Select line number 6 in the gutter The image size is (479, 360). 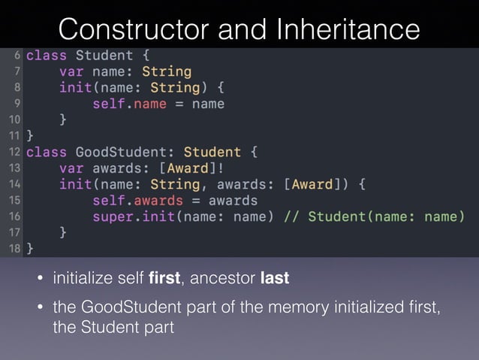[17, 56]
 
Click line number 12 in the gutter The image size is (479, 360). [14, 151]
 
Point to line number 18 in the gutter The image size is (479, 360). [14, 247]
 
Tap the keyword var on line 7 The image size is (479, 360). [72, 72]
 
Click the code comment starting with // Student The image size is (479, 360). [373, 216]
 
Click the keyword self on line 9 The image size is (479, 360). [108, 104]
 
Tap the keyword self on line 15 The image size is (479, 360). [108, 201]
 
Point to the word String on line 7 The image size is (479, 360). [166, 72]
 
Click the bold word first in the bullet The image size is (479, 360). [164, 279]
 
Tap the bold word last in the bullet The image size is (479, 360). [274, 279]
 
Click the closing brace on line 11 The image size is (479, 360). [30, 136]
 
